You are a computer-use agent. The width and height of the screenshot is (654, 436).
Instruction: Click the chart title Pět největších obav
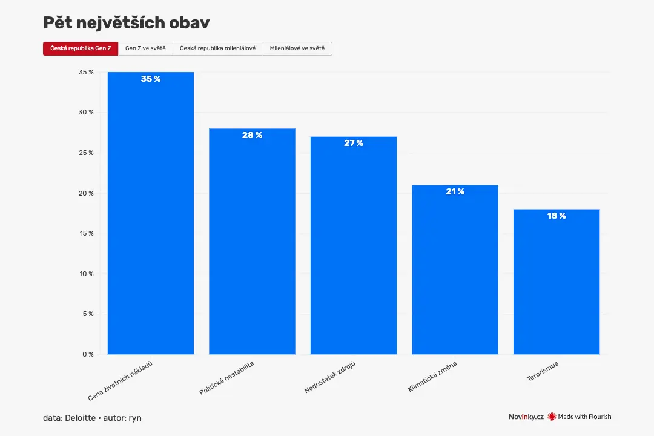pyautogui.click(x=127, y=23)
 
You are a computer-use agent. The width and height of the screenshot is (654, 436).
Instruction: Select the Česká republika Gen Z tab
pyautogui.click(x=81, y=48)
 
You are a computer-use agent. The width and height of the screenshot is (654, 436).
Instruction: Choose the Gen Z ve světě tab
pyautogui.click(x=145, y=48)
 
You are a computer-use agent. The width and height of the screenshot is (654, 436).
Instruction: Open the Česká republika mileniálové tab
pyautogui.click(x=218, y=48)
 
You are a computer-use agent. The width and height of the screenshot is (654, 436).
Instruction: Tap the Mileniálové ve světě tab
pyautogui.click(x=297, y=48)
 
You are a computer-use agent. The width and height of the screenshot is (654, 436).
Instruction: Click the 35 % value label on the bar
pyautogui.click(x=151, y=79)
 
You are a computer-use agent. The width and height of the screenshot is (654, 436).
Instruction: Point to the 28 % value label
pyautogui.click(x=253, y=135)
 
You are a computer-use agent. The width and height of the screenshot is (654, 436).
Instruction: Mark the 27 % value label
pyautogui.click(x=354, y=143)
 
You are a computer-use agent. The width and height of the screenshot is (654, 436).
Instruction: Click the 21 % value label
pyautogui.click(x=455, y=191)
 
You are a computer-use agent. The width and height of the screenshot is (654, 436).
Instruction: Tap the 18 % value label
pyautogui.click(x=557, y=216)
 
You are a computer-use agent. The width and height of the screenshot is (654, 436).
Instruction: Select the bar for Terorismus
pyautogui.click(x=557, y=282)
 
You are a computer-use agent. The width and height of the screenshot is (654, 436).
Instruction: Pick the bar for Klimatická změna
pyautogui.click(x=455, y=269)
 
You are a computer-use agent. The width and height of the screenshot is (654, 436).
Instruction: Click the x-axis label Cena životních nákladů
pyautogui.click(x=120, y=381)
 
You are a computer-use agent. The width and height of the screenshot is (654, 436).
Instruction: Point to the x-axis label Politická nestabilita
pyautogui.click(x=226, y=378)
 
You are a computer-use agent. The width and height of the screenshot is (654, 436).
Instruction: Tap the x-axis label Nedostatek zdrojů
pyautogui.click(x=330, y=377)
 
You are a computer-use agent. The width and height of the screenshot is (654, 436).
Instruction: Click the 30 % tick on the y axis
pyautogui.click(x=86, y=112)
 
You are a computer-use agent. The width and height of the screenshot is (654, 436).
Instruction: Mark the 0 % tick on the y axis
pyautogui.click(x=88, y=354)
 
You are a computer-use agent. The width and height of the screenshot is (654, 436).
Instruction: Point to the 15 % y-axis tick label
pyautogui.click(x=87, y=233)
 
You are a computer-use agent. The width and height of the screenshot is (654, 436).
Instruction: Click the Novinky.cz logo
pyautogui.click(x=526, y=417)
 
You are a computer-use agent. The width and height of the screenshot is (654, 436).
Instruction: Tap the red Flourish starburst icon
pyautogui.click(x=552, y=417)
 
